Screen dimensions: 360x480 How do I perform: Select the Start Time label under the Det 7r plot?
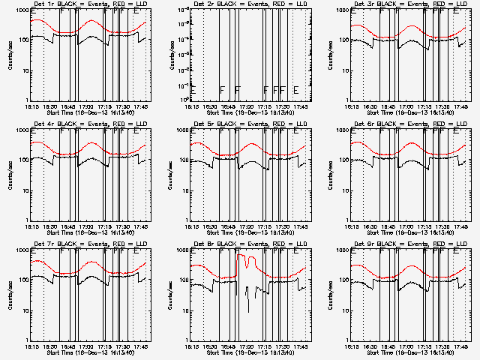pyautogui.click(x=90, y=352)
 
